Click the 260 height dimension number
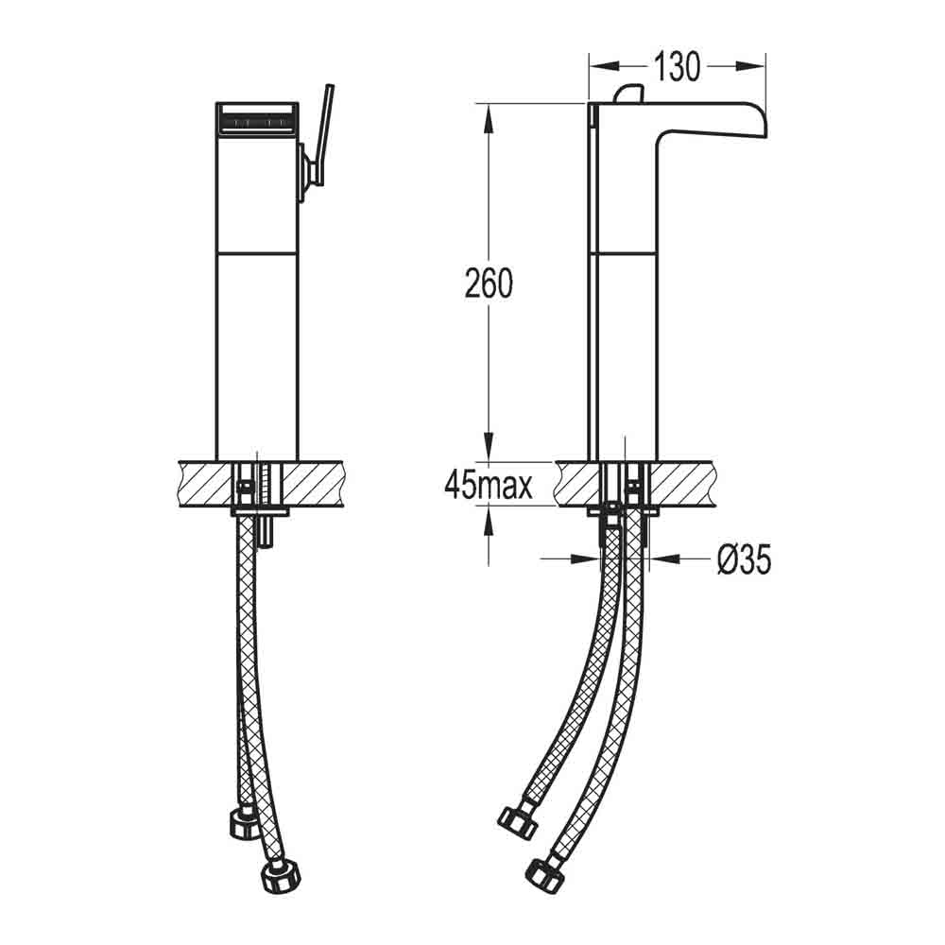click(x=488, y=283)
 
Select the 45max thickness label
click(x=489, y=485)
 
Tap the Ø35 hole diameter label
click(x=743, y=560)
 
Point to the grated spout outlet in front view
click(x=257, y=121)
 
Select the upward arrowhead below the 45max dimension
click(x=488, y=516)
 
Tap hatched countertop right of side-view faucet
click(x=690, y=484)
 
